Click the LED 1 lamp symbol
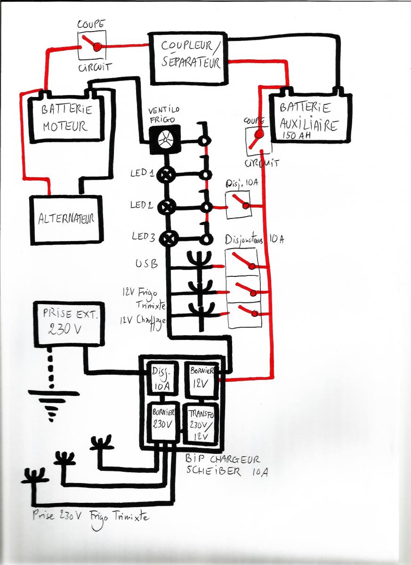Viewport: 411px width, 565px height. coord(167,175)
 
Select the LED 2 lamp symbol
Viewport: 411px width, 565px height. coord(167,207)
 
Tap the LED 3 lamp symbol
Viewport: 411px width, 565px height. coord(167,238)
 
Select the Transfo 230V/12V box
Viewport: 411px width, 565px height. coord(201,422)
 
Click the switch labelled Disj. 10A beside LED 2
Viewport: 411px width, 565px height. coord(238,205)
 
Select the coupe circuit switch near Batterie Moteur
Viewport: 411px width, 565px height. coord(92,45)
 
